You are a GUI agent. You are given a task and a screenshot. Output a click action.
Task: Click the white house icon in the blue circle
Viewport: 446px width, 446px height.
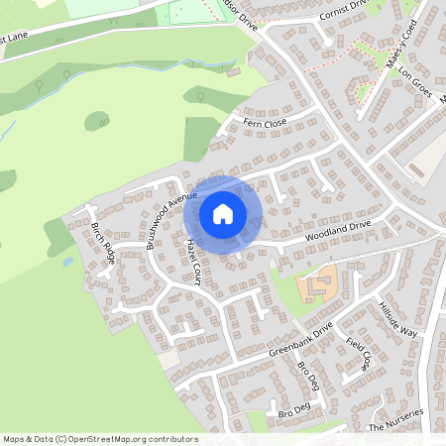pyautogui.click(x=223, y=213)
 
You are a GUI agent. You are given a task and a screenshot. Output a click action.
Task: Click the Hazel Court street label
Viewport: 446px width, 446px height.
pyautogui.click(x=193, y=261)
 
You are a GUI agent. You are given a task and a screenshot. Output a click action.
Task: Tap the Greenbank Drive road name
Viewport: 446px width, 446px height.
pyautogui.click(x=300, y=340)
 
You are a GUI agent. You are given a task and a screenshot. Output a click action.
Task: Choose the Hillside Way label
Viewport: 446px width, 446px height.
pyautogui.click(x=397, y=318)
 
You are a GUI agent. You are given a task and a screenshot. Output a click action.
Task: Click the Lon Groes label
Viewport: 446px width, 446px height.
pyautogui.click(x=410, y=87)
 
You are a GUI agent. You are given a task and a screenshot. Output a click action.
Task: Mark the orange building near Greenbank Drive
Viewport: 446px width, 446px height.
pyautogui.click(x=318, y=284)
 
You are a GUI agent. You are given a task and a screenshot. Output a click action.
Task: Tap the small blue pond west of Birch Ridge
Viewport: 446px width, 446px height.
pyautogui.click(x=66, y=262)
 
